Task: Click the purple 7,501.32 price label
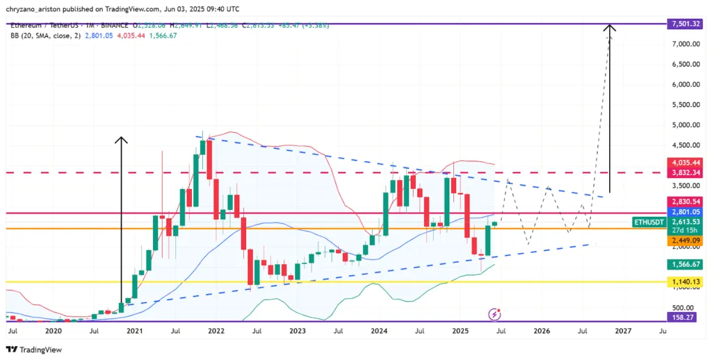[686, 24]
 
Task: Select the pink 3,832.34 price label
[686, 172]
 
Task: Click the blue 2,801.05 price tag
[686, 211]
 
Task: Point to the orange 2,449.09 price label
[686, 240]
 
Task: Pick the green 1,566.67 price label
[686, 264]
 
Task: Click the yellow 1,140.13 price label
[686, 281]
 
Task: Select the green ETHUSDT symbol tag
[650, 222]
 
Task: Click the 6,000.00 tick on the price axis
[686, 85]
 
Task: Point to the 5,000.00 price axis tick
[686, 125]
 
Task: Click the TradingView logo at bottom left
[35, 350]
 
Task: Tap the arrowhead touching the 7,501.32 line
[610, 28]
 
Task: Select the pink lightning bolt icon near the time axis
[494, 314]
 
